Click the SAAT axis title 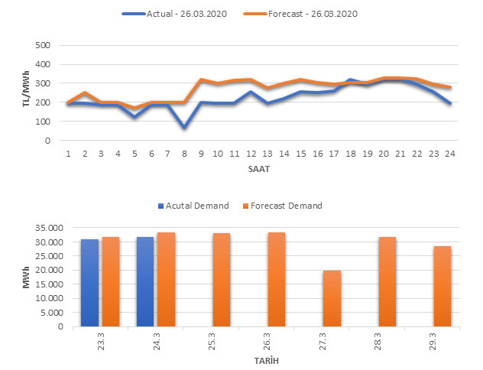259,167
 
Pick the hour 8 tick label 185,153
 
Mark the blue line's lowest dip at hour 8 185,127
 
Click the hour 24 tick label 450,153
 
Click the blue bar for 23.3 90,283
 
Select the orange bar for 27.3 332,298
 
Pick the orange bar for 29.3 442,286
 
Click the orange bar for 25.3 222,280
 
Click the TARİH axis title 264,359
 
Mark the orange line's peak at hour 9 202,80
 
